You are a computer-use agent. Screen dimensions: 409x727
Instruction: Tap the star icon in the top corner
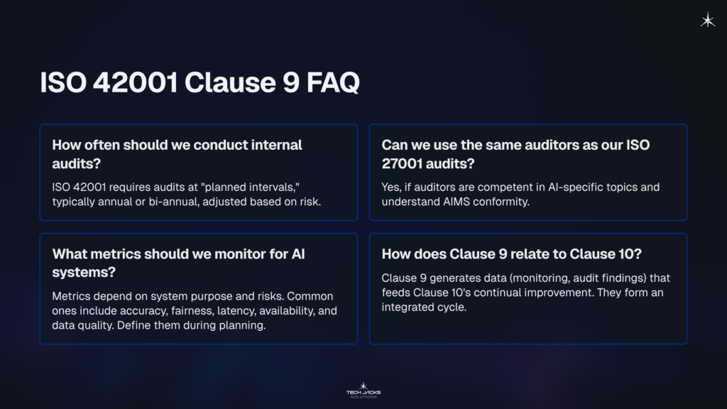click(707, 21)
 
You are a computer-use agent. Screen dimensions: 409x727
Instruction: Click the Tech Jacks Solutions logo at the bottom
click(363, 389)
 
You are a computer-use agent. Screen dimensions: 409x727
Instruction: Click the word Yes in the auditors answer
click(392, 187)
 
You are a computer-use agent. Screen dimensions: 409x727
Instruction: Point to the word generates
click(453, 278)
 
